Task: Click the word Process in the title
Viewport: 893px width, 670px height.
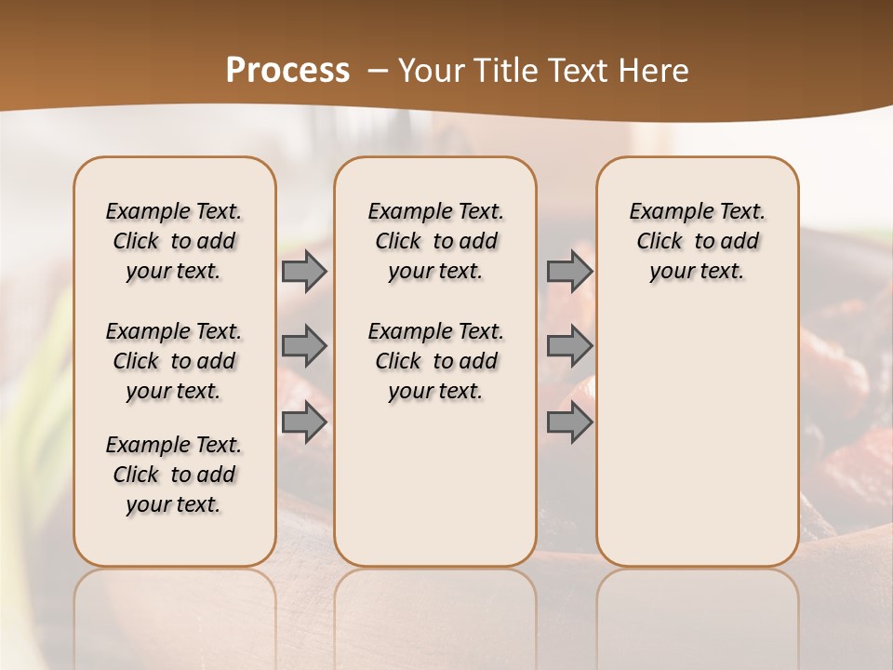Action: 287,71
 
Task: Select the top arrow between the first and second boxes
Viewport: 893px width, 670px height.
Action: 304,271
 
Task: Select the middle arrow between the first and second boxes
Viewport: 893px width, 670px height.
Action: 304,346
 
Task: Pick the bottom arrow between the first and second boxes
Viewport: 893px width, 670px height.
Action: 304,422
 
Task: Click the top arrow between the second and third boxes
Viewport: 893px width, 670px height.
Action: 569,271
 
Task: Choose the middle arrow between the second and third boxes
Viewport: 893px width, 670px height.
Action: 569,346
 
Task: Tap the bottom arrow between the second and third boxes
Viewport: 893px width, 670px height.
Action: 569,422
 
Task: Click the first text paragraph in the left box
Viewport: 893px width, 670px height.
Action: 174,241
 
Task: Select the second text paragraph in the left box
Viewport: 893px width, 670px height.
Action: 174,361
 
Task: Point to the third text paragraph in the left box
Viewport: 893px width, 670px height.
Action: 174,475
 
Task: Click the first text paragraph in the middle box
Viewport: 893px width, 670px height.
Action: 435,241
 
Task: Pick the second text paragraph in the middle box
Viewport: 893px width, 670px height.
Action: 435,361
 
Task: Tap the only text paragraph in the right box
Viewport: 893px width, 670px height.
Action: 697,241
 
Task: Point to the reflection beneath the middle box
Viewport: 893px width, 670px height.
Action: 435,605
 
